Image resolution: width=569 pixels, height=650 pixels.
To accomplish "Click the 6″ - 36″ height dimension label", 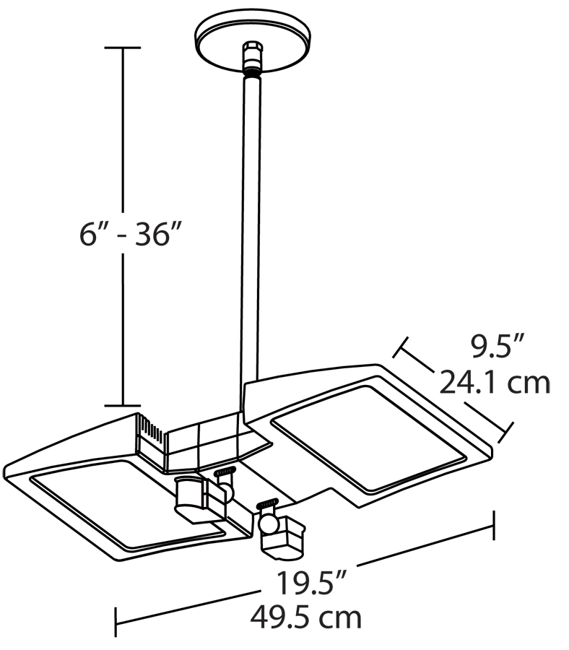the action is coord(131,234).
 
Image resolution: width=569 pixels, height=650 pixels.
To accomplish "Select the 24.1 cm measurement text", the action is coord(495,383).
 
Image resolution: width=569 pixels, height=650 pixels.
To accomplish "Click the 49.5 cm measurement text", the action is coord(306,617).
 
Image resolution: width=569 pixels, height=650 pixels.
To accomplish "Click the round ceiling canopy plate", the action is coord(253,40).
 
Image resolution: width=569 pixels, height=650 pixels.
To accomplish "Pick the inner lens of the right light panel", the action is coord(369,438).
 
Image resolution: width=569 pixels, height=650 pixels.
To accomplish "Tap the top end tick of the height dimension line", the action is coord(123,48).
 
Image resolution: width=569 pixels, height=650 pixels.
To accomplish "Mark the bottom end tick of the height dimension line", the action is coord(123,405).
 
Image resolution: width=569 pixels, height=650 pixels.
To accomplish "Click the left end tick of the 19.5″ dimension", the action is coord(116,622).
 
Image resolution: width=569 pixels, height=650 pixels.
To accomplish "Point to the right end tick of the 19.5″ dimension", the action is coord(494,526).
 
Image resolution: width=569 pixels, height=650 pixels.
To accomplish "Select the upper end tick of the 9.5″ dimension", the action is coord(401,347).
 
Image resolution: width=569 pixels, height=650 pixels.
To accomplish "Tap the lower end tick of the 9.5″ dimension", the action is coord(505,433).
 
